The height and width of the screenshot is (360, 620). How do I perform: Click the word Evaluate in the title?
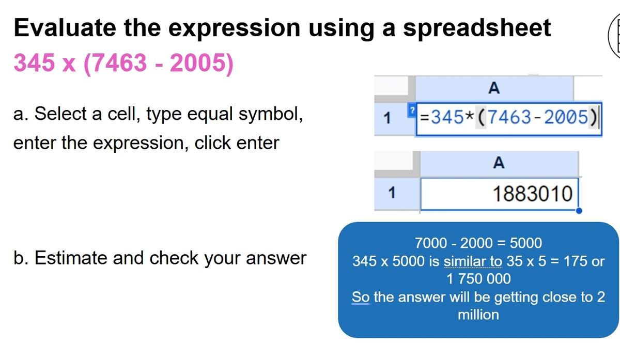(65, 27)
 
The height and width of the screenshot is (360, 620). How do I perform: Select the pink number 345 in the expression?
(34, 62)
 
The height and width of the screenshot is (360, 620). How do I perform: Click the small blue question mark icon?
(412, 111)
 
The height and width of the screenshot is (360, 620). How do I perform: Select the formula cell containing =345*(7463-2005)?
(509, 119)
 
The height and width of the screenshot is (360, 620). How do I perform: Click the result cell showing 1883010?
(499, 194)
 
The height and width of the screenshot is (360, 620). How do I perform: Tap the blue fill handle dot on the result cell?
(579, 211)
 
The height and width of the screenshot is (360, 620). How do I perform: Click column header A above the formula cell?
(494, 88)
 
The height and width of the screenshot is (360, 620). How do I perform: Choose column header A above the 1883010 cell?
(499, 163)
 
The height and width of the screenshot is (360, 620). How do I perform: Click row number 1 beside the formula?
(387, 118)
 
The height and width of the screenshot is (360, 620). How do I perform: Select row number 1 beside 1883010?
(392, 193)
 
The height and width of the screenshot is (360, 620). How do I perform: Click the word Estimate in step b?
(71, 258)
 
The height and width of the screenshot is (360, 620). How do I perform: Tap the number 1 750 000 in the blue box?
(478, 278)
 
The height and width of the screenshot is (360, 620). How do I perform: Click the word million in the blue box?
(478, 315)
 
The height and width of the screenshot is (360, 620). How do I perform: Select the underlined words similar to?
(473, 261)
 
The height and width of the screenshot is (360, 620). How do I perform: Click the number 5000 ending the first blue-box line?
(525, 243)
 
